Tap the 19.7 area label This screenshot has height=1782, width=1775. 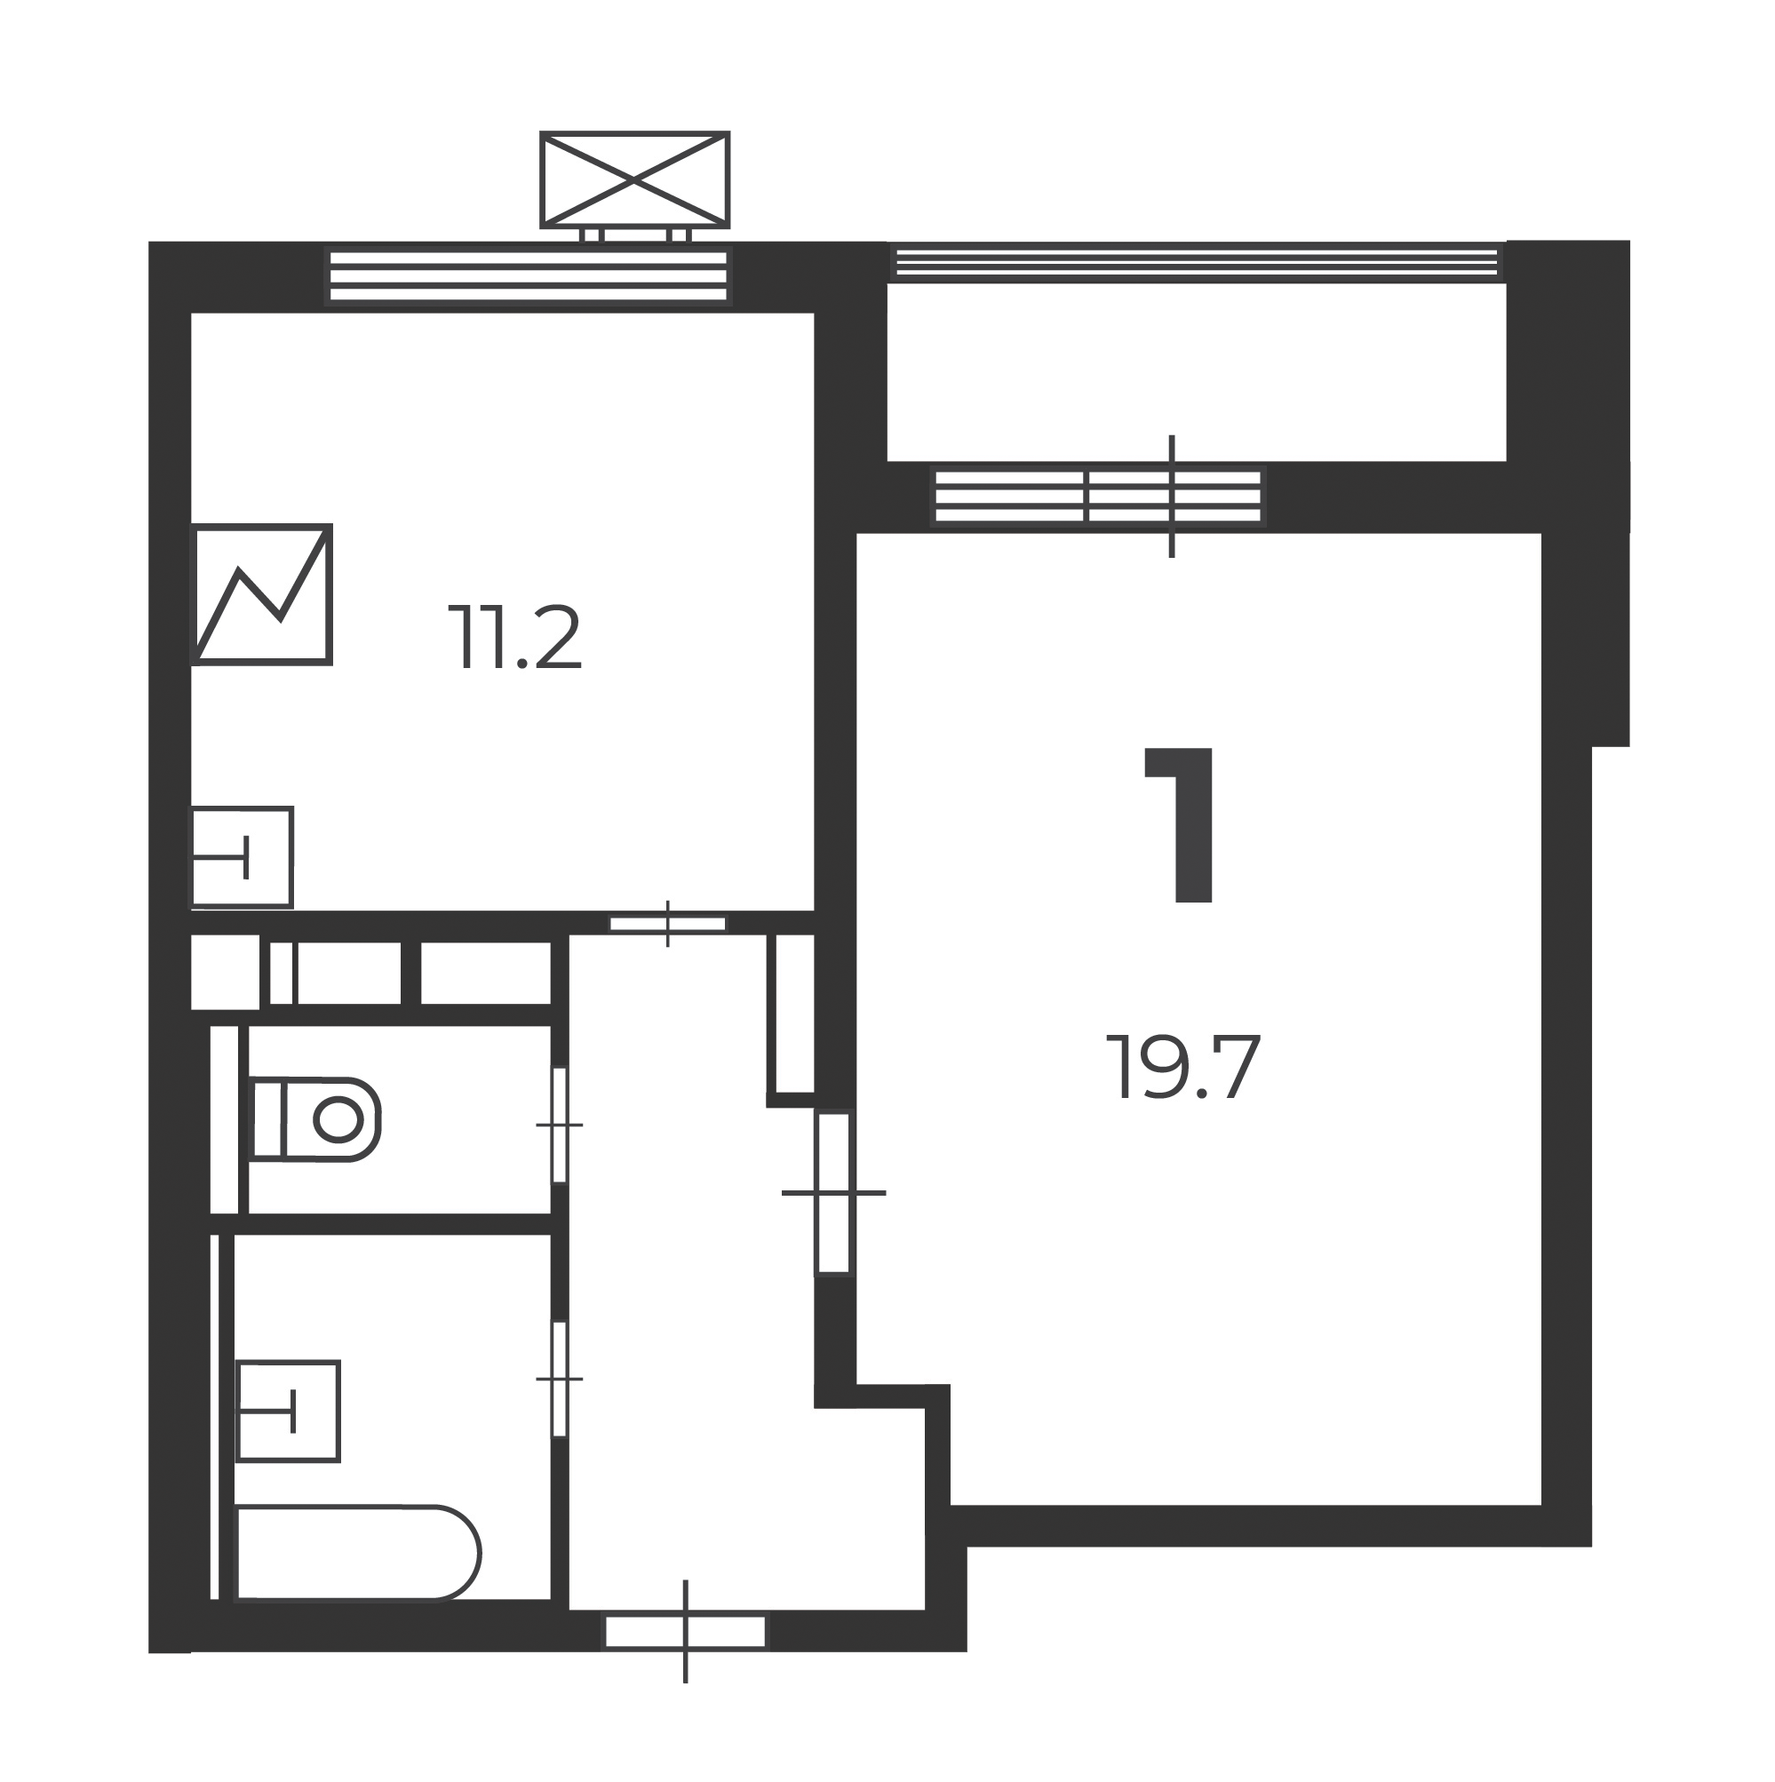tap(1182, 1068)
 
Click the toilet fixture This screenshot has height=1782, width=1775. tap(315, 1118)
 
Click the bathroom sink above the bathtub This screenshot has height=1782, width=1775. tap(289, 1411)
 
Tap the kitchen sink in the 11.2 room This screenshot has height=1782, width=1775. tap(242, 857)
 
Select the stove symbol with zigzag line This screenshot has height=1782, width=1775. tap(261, 594)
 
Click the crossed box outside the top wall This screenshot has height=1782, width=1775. tap(634, 179)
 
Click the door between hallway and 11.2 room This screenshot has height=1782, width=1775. tap(668, 923)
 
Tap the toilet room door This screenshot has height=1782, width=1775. tap(559, 1125)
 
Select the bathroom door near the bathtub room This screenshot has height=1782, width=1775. tap(559, 1379)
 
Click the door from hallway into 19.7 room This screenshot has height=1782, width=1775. tap(834, 1193)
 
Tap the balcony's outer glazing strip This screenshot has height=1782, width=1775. tap(1197, 262)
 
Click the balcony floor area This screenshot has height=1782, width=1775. tap(1197, 370)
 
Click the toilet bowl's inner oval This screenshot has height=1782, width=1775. tap(338, 1119)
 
